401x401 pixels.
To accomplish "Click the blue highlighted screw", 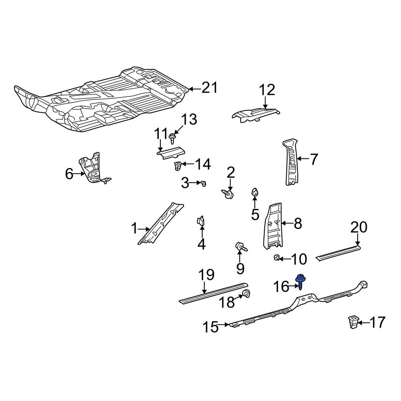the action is [301, 282].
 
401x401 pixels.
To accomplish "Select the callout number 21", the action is [209, 88].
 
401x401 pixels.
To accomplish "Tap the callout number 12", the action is [267, 90].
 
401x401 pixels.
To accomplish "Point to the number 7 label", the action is [314, 159].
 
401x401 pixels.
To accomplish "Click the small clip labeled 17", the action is [352, 322].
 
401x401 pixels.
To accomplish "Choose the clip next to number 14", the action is [178, 166].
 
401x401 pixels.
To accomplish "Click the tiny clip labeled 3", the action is [203, 183].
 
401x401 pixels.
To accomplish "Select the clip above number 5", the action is [255, 192].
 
